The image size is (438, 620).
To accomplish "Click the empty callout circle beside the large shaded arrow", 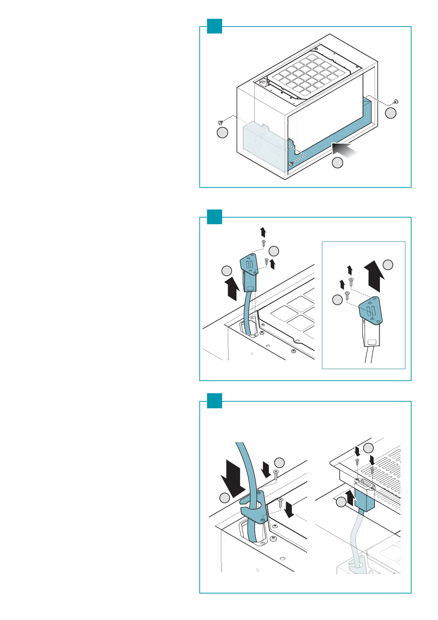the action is [x=338, y=163].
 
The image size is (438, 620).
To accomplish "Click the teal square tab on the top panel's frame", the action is [x=214, y=26].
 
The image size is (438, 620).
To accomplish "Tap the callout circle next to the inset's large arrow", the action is [x=388, y=265].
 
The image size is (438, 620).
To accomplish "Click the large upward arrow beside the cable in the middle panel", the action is [x=232, y=289].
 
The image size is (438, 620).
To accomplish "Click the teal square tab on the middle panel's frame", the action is [x=214, y=217].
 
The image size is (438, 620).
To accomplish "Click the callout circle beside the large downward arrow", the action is [x=225, y=498].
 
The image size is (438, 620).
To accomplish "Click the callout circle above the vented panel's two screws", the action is [x=368, y=448].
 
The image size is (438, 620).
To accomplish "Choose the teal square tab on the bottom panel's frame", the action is [x=214, y=401].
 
